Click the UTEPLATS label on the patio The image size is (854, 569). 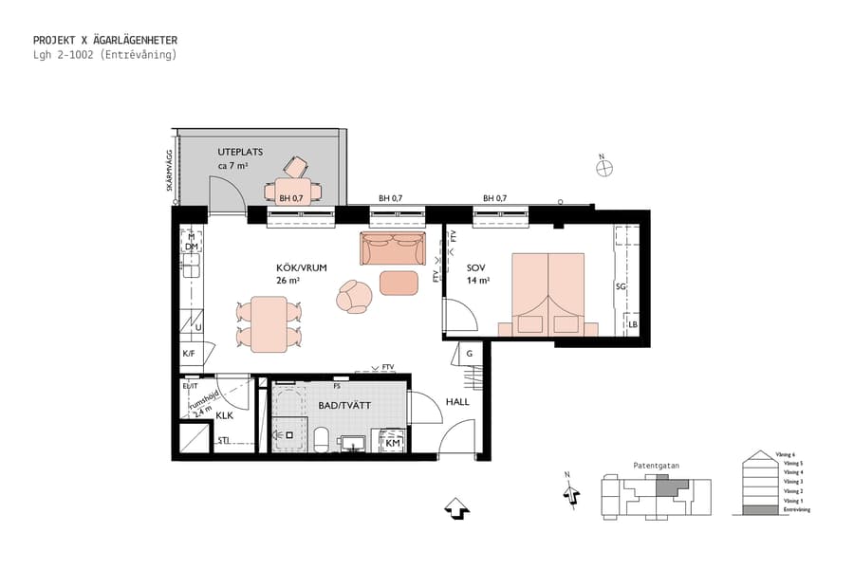(240, 152)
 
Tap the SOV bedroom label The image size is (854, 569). (476, 268)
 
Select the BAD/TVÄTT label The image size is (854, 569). (345, 405)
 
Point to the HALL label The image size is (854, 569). (457, 401)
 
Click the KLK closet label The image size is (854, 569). (225, 415)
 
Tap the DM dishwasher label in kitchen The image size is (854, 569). (191, 247)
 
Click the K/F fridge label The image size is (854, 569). (189, 353)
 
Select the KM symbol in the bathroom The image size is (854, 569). (392, 442)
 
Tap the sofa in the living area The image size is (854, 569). (392, 248)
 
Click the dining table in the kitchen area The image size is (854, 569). (269, 322)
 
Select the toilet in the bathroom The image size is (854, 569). (321, 440)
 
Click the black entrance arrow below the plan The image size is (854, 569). (456, 509)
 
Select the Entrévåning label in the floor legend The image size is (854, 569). (797, 510)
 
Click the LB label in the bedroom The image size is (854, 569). (633, 324)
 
